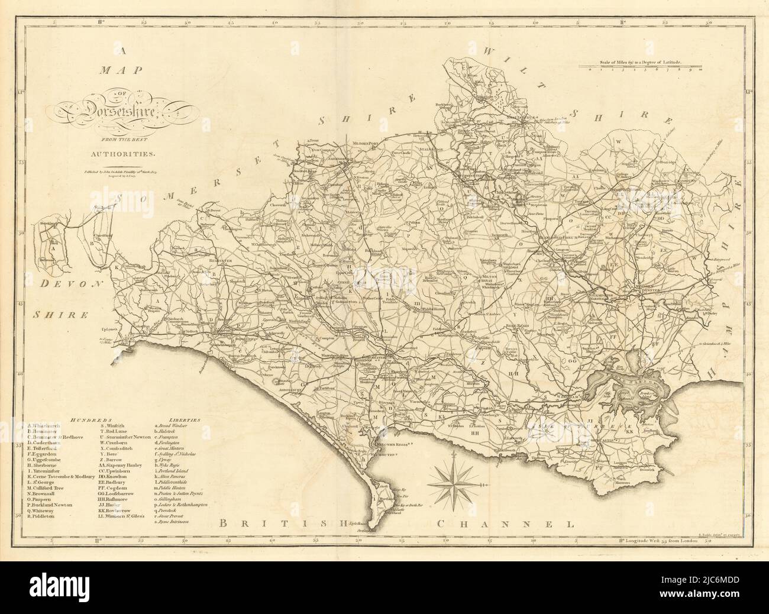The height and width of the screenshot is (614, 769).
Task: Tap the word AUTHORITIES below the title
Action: tap(128, 153)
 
